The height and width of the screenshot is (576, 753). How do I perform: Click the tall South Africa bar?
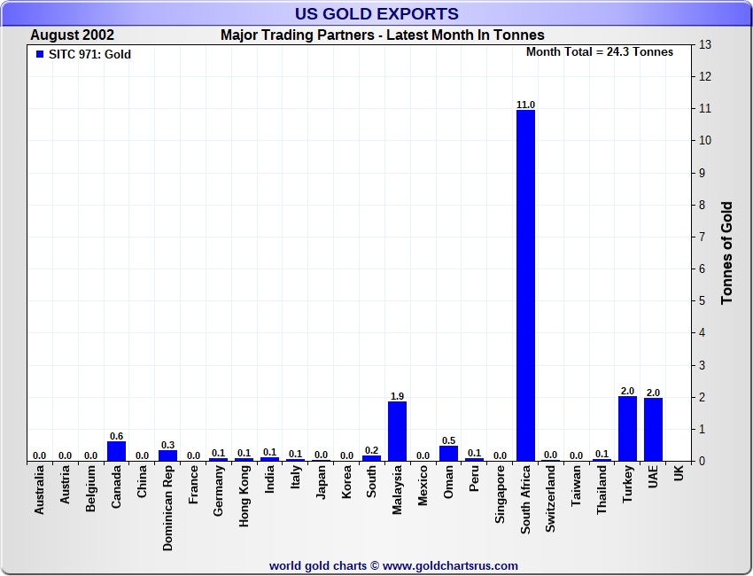click(526, 285)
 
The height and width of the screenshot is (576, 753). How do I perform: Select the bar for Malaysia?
click(398, 431)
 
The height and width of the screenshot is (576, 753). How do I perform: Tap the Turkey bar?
click(628, 429)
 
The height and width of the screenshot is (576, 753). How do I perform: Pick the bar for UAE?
click(653, 430)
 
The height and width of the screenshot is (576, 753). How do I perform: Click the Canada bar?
click(116, 451)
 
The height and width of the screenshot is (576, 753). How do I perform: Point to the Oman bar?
click(448, 453)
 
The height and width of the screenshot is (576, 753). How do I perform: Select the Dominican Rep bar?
click(167, 455)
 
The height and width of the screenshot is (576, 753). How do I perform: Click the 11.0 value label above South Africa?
click(526, 105)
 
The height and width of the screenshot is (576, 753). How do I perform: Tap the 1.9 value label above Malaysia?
click(398, 396)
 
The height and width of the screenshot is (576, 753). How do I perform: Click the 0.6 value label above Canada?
click(116, 436)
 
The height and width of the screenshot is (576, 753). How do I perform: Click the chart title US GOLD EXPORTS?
click(376, 13)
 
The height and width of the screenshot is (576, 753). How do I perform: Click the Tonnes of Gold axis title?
click(727, 253)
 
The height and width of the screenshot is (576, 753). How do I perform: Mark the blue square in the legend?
click(39, 54)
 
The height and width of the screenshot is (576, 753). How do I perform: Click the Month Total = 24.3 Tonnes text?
click(600, 52)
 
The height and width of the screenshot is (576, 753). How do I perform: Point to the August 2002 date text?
click(72, 35)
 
